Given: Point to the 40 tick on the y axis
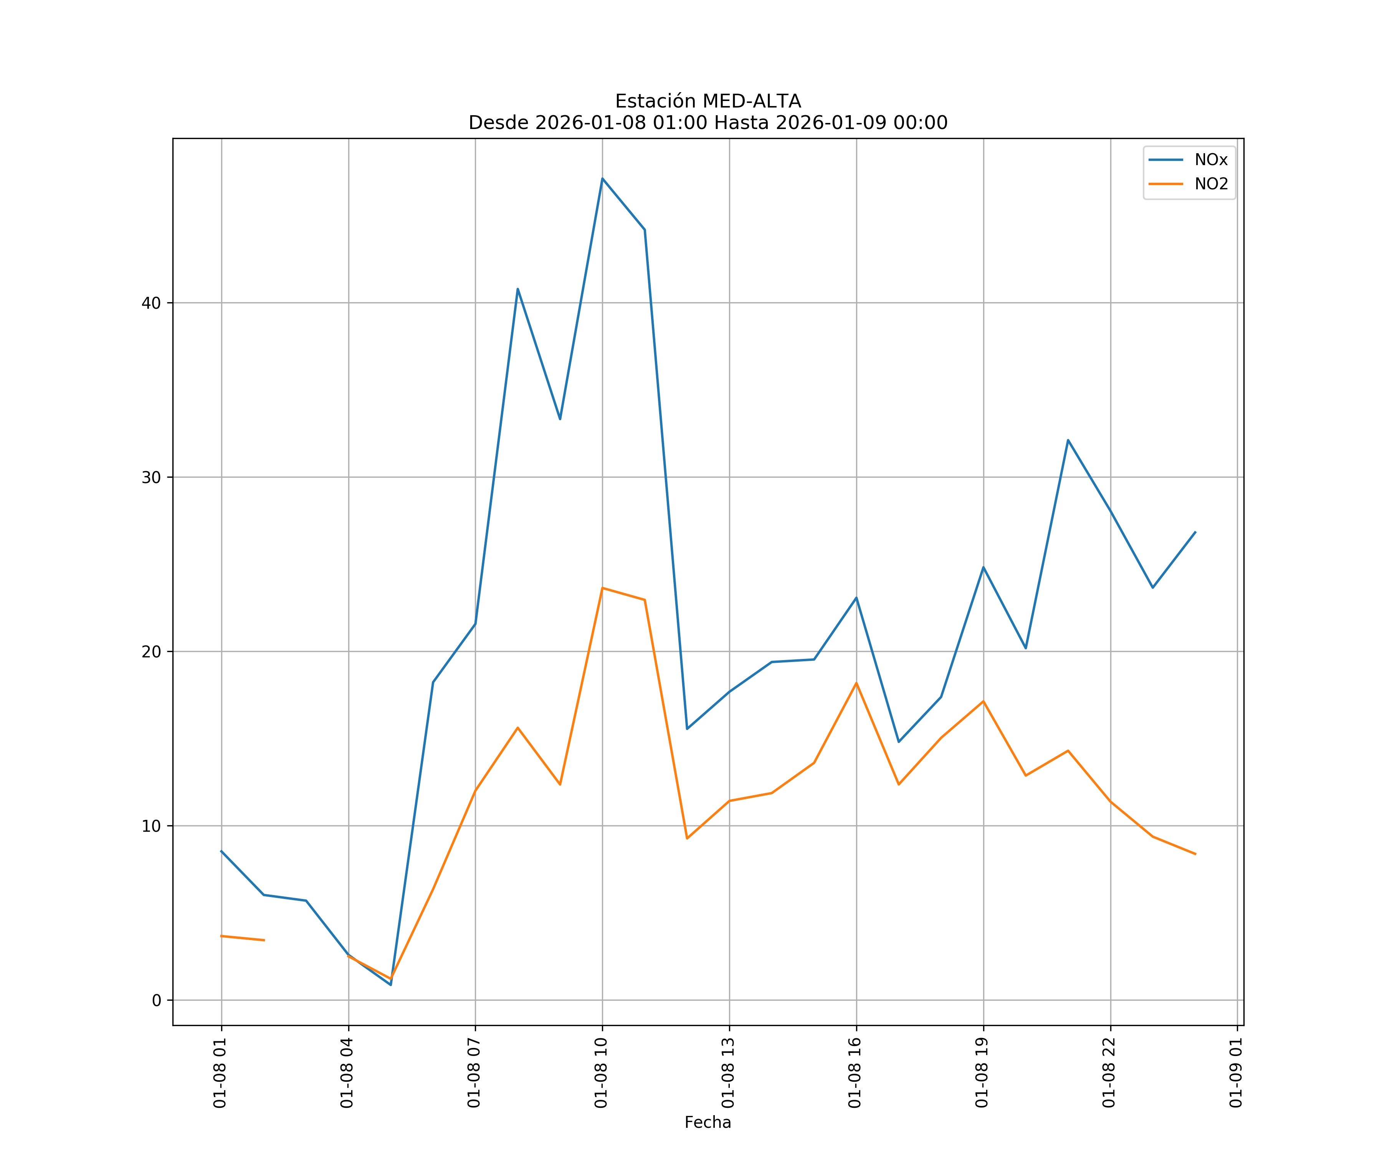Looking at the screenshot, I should coord(151,303).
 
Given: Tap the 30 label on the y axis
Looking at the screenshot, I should coord(151,477).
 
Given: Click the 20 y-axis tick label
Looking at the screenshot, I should coord(151,652).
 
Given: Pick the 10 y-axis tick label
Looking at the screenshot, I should coord(151,826).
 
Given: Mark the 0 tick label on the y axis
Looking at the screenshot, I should coord(157,1001).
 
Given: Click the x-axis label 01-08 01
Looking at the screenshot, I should coord(220,1073).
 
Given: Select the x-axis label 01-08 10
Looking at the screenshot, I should coord(601,1073).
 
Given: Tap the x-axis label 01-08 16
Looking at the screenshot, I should coord(855,1073).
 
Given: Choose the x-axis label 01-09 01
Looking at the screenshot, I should coord(1236,1073).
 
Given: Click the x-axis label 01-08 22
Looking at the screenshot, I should coord(1109,1073).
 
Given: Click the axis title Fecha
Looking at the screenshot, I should coord(708,1122).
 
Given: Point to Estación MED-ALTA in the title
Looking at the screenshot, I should coord(708,101).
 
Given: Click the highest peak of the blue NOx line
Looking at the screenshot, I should coord(602,179).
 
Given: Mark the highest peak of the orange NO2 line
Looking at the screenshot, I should coord(602,588).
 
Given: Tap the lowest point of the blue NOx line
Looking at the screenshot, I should coord(391,985).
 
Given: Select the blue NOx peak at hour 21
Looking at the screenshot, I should coord(1068,440).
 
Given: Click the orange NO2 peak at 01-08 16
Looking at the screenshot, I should coord(856,683).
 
